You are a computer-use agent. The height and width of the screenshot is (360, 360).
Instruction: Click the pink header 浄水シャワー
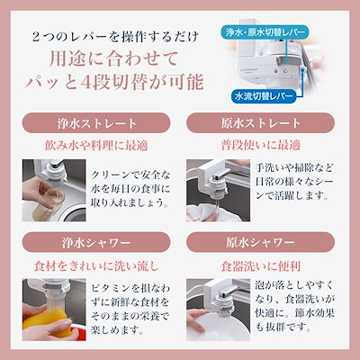[90, 244]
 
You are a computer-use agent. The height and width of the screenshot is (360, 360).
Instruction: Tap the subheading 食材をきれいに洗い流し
[90, 266]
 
